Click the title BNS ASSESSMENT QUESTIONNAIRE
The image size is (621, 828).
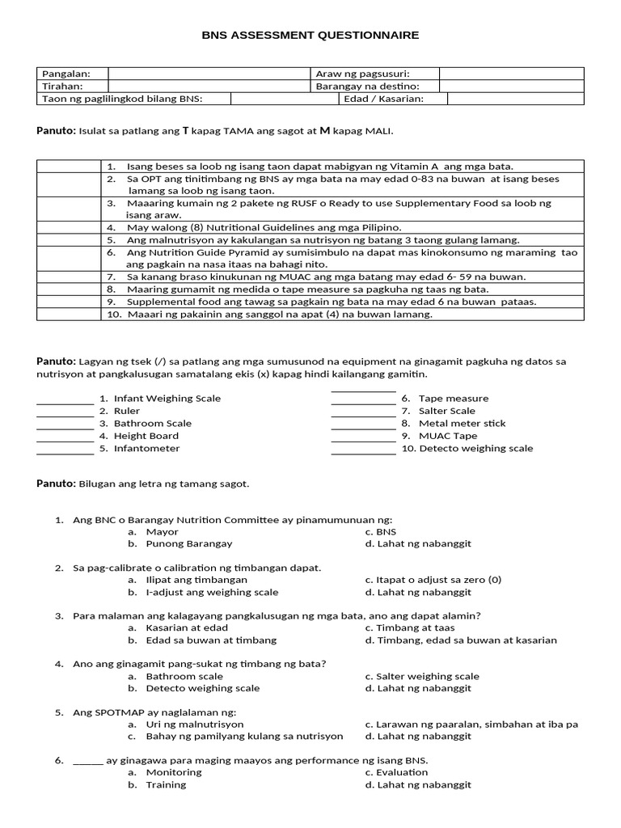point(310,36)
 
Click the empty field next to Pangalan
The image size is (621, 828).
point(209,74)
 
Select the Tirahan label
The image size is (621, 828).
point(62,87)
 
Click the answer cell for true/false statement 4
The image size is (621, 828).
point(69,227)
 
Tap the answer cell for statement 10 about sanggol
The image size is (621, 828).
point(69,315)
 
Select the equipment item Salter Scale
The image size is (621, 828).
point(446,411)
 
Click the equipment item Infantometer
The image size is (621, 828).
point(146,448)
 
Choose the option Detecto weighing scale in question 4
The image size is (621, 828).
point(203,688)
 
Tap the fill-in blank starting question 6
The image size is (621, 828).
point(88,761)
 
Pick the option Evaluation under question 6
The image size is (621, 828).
point(402,772)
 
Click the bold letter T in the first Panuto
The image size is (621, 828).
point(186,130)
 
